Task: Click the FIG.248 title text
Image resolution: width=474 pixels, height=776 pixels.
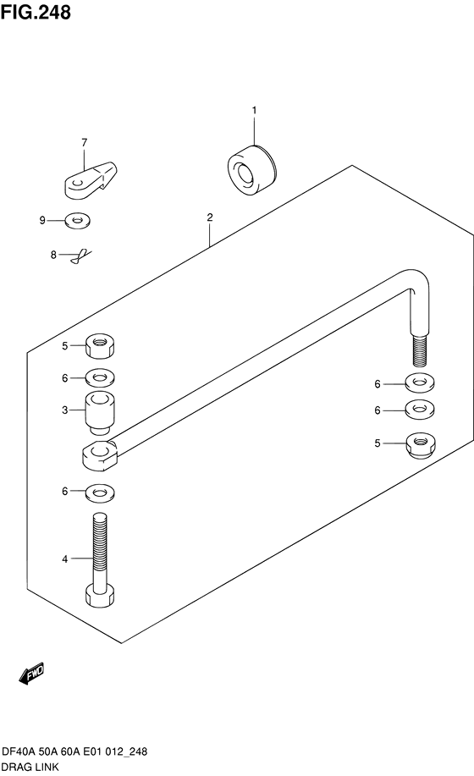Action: (36, 12)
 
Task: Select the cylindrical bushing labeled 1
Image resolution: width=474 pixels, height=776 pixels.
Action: (252, 170)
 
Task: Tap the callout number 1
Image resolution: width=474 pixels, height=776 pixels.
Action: (254, 110)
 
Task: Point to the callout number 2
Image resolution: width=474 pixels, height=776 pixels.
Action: (210, 217)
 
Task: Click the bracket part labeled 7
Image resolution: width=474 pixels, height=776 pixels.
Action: (91, 179)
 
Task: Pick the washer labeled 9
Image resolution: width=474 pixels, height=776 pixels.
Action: (78, 220)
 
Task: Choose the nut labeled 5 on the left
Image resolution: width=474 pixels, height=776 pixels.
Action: (100, 345)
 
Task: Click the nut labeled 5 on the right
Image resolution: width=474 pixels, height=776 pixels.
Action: (420, 444)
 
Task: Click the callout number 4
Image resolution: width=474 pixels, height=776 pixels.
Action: (65, 559)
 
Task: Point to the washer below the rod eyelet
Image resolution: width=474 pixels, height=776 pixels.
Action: (100, 492)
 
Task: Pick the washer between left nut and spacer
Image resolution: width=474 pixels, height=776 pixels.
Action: (100, 378)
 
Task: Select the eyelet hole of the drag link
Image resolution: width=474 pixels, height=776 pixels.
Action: (102, 449)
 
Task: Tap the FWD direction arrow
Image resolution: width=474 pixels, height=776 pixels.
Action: (31, 674)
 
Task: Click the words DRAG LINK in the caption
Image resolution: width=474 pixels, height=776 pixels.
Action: (30, 767)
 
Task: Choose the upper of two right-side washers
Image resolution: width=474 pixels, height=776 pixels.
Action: (420, 382)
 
